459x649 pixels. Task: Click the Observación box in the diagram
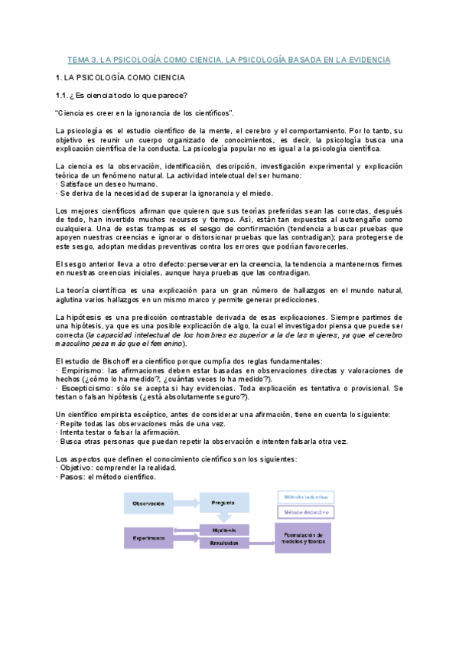pyautogui.click(x=150, y=502)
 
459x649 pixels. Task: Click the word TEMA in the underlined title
pyautogui.click(x=79, y=59)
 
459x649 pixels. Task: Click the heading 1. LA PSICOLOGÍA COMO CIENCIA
pyautogui.click(x=121, y=77)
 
